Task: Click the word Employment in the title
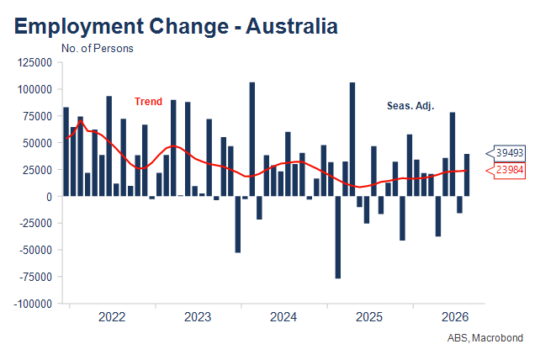coord(79,27)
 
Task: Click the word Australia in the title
coord(292,26)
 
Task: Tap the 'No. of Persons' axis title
coord(97,49)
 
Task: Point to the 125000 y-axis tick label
coord(34,63)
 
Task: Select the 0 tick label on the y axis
coord(49,197)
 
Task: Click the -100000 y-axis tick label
coord(33,304)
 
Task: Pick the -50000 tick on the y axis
coord(36,250)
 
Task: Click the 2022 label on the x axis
coord(112,317)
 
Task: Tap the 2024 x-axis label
coord(283,317)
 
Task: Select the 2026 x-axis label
coord(455,317)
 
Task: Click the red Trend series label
coord(148,102)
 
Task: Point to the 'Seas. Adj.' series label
coord(410,106)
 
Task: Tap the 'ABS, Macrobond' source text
coord(485,338)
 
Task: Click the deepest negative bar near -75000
coord(338,237)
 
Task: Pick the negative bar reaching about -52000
coord(238,225)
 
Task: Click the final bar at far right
coord(467,175)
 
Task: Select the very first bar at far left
coord(66,152)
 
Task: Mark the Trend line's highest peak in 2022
coord(81,120)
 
